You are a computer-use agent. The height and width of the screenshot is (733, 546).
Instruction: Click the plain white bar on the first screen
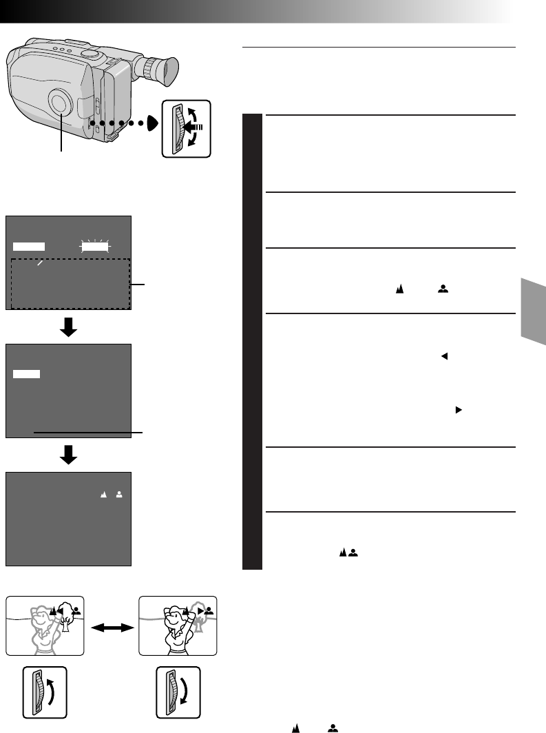tap(29, 246)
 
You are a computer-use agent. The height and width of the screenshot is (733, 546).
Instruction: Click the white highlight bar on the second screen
tap(27, 373)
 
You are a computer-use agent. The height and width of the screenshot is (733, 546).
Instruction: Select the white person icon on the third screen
tap(118, 495)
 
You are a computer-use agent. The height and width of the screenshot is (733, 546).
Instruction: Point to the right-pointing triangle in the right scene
tap(200, 610)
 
